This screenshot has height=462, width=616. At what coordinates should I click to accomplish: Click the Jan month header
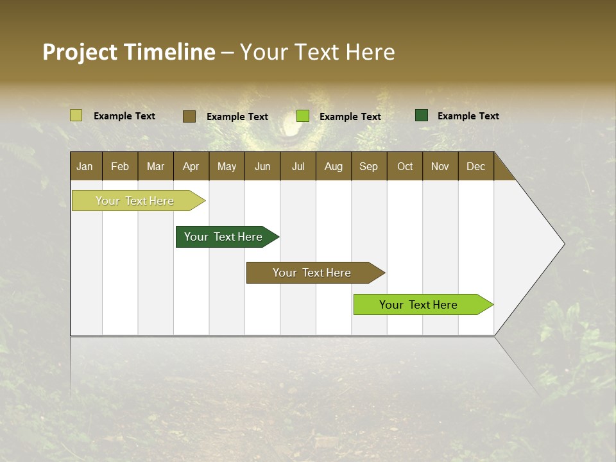click(85, 166)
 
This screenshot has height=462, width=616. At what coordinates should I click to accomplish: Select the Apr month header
click(191, 166)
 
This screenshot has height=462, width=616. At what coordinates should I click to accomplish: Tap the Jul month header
click(298, 166)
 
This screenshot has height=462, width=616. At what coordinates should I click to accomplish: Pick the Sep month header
click(368, 166)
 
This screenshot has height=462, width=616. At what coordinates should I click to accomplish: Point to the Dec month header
click(475, 166)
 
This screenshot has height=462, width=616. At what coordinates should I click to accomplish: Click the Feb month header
click(120, 166)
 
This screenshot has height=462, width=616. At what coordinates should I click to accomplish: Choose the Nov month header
click(440, 166)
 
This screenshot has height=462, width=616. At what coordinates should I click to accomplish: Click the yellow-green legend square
click(76, 116)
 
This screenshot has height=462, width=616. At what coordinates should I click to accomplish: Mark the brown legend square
click(189, 116)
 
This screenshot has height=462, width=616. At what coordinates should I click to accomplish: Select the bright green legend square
click(303, 116)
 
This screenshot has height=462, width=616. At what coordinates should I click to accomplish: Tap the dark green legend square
click(422, 116)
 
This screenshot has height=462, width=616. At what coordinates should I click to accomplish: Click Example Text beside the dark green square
click(468, 116)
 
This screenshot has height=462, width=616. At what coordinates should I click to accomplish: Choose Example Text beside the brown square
click(237, 116)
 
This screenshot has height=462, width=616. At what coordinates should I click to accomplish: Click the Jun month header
click(262, 166)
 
